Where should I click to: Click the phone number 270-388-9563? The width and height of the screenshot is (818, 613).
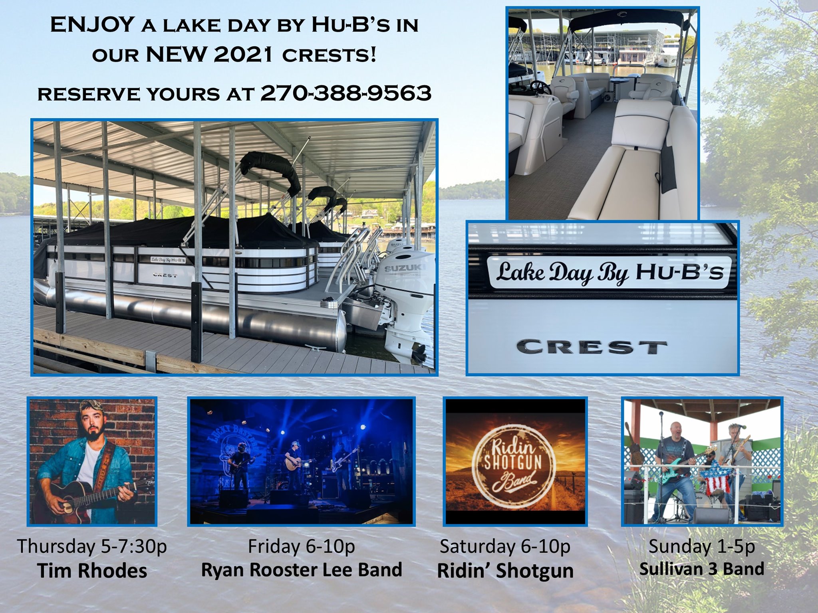(x=346, y=93)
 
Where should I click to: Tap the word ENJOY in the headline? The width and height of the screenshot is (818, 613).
(x=91, y=25)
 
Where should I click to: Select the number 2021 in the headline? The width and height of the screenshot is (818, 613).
(x=243, y=55)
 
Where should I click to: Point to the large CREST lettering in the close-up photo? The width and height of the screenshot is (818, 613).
(x=592, y=347)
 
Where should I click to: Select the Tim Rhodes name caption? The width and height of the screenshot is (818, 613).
(x=92, y=571)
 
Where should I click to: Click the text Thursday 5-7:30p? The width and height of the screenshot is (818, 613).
(x=92, y=546)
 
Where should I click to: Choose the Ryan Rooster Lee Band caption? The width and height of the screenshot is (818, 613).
(x=302, y=570)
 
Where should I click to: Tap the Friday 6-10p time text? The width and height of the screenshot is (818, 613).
(x=302, y=546)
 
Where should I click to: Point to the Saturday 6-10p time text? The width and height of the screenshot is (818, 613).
(x=505, y=546)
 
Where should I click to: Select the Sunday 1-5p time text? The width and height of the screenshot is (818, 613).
(x=702, y=546)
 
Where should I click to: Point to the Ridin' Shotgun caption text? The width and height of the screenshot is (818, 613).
(x=505, y=571)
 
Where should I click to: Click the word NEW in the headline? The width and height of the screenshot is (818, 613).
(x=176, y=55)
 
